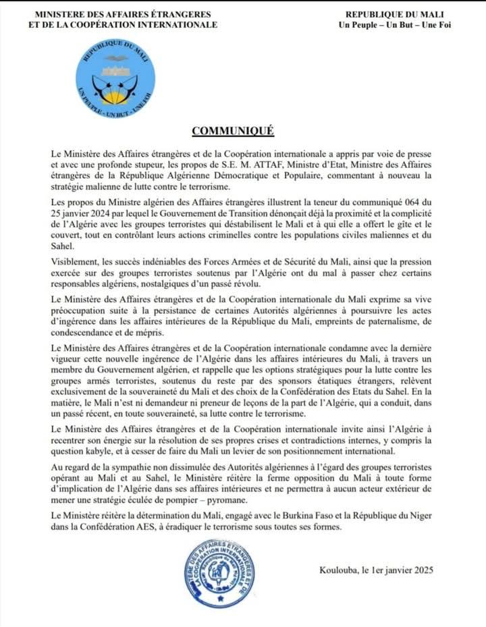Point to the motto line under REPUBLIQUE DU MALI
[394, 25]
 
